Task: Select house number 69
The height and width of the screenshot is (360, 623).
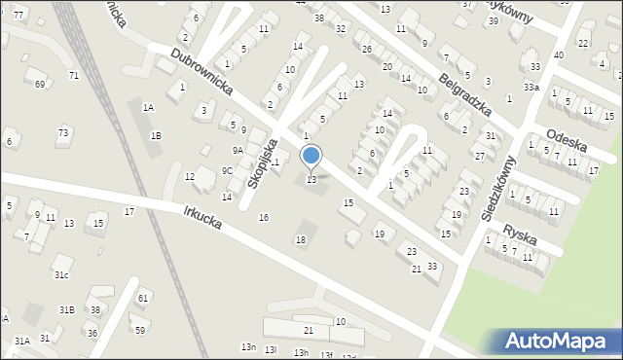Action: click(x=40, y=85)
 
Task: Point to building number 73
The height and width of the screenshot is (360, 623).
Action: click(x=63, y=132)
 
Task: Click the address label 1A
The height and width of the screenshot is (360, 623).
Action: click(x=148, y=108)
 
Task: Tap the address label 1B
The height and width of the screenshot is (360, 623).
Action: click(x=156, y=136)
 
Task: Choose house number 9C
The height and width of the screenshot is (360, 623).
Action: click(x=227, y=170)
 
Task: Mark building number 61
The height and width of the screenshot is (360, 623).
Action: click(x=143, y=298)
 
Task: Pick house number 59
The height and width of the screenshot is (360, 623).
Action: click(x=140, y=331)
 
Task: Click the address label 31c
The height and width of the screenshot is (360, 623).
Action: click(x=61, y=275)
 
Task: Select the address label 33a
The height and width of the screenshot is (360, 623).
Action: click(x=531, y=87)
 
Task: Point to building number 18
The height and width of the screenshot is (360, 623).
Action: click(x=301, y=239)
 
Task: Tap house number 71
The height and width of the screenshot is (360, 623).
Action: click(x=74, y=75)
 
